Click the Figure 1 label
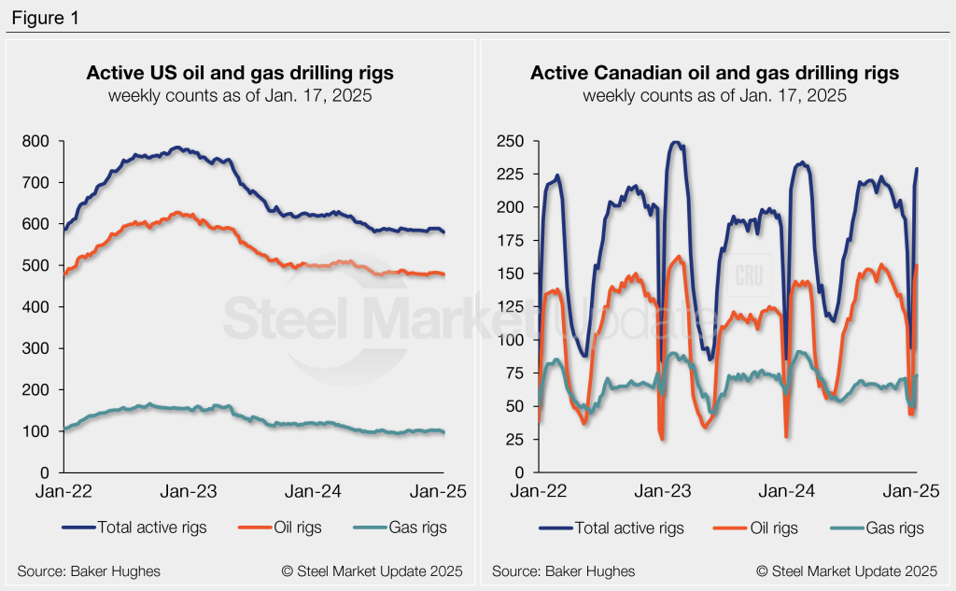pyautogui.click(x=45, y=16)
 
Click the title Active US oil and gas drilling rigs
pyautogui.click(x=241, y=73)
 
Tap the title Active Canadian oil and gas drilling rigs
pyautogui.click(x=714, y=73)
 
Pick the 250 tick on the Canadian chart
pyautogui.click(x=513, y=141)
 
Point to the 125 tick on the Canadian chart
pyautogui.click(x=513, y=306)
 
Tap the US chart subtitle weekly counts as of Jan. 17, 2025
pyautogui.click(x=241, y=95)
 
